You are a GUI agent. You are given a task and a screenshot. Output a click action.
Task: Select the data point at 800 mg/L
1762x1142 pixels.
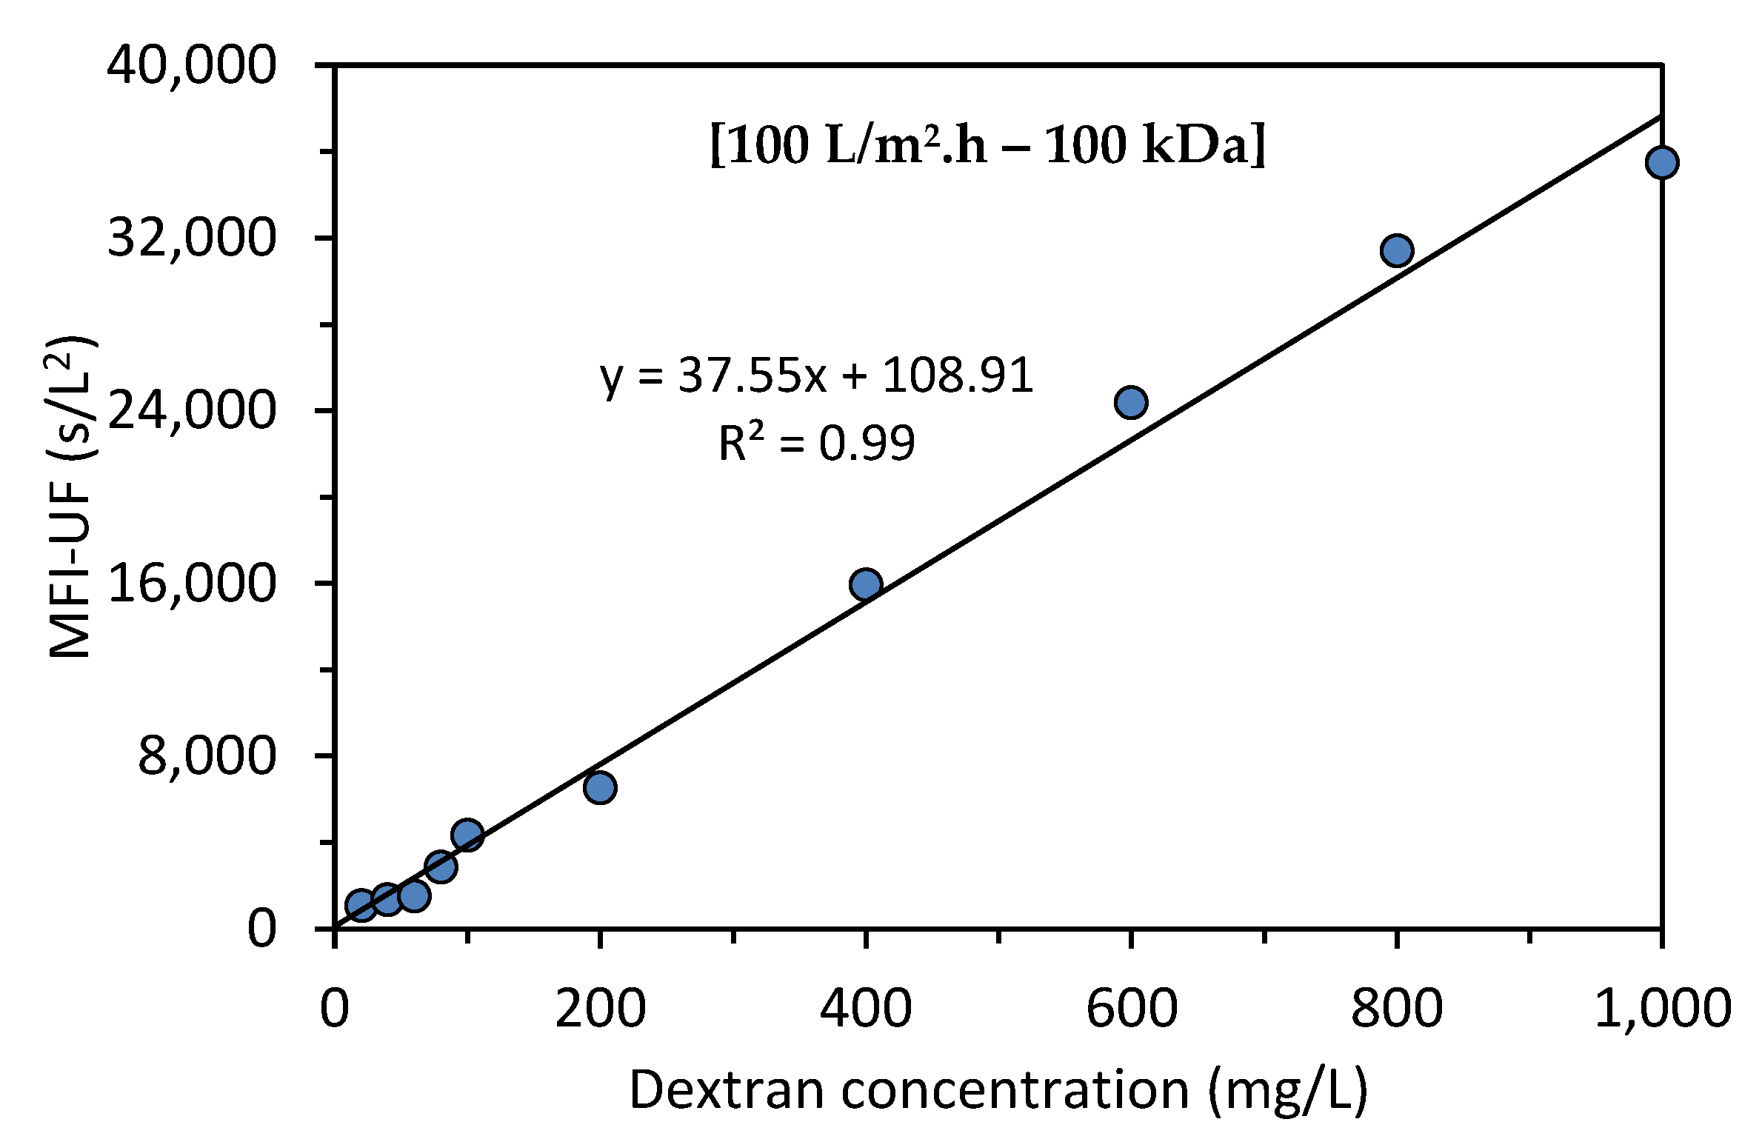pyautogui.click(x=1396, y=250)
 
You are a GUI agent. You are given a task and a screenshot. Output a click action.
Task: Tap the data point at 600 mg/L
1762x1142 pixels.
pyautogui.click(x=1131, y=402)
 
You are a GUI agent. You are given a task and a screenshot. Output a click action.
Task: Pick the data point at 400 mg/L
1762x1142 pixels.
pyautogui.click(x=866, y=584)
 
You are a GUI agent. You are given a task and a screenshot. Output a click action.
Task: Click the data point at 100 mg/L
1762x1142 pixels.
pyautogui.click(x=467, y=835)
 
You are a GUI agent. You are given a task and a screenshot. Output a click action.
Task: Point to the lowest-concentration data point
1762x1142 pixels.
pyautogui.click(x=361, y=904)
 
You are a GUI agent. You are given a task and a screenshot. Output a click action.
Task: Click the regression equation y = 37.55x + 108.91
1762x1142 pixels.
pyautogui.click(x=817, y=375)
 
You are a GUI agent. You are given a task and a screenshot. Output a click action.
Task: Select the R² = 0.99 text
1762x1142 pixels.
pyautogui.click(x=817, y=444)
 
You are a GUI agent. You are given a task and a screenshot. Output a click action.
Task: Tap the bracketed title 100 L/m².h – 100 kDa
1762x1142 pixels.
pyautogui.click(x=987, y=145)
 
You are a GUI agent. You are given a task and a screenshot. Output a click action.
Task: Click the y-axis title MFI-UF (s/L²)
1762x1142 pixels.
pyautogui.click(x=72, y=496)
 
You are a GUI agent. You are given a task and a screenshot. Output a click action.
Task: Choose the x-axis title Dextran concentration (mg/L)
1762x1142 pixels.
pyautogui.click(x=998, y=1090)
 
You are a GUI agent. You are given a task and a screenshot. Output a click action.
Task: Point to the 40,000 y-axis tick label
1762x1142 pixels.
pyautogui.click(x=192, y=66)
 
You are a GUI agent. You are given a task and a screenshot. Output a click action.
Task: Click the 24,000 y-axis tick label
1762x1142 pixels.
pyautogui.click(x=192, y=410)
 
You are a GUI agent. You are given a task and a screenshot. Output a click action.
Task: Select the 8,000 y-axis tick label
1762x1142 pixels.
pyautogui.click(x=207, y=756)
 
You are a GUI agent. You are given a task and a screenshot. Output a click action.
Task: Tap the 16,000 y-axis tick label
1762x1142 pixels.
pyautogui.click(x=192, y=584)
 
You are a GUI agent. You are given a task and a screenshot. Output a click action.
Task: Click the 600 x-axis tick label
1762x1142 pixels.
pyautogui.click(x=1131, y=1008)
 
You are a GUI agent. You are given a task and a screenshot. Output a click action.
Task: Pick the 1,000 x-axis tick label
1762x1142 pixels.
pyautogui.click(x=1661, y=1008)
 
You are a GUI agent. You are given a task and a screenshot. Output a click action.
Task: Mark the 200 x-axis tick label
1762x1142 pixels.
pyautogui.click(x=600, y=1008)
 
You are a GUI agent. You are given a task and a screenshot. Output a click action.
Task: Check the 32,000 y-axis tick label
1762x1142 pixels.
pyautogui.click(x=192, y=238)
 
